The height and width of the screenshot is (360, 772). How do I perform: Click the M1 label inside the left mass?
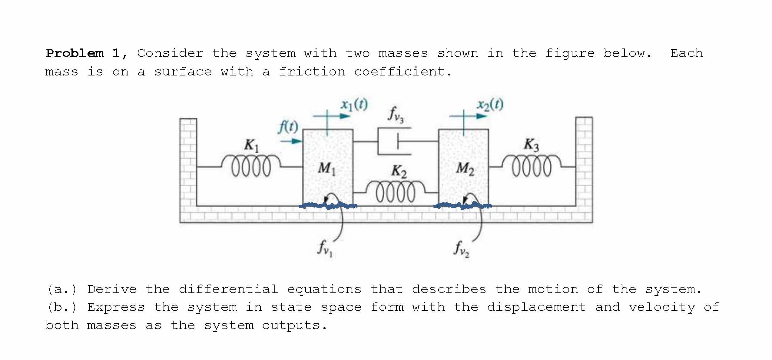[x=326, y=168]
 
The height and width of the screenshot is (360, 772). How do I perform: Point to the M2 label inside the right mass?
[x=465, y=168]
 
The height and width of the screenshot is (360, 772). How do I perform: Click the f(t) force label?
[x=288, y=127]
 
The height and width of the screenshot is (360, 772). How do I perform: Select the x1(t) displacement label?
[x=354, y=105]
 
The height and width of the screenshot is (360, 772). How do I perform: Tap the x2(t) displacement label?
[x=490, y=105]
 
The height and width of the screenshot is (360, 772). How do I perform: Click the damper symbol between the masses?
[x=394, y=141]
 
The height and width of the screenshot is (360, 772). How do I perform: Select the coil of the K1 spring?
[x=251, y=166]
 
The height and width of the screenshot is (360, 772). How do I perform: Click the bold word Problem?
[x=75, y=53]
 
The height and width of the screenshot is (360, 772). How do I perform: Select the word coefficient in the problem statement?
[x=403, y=72]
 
